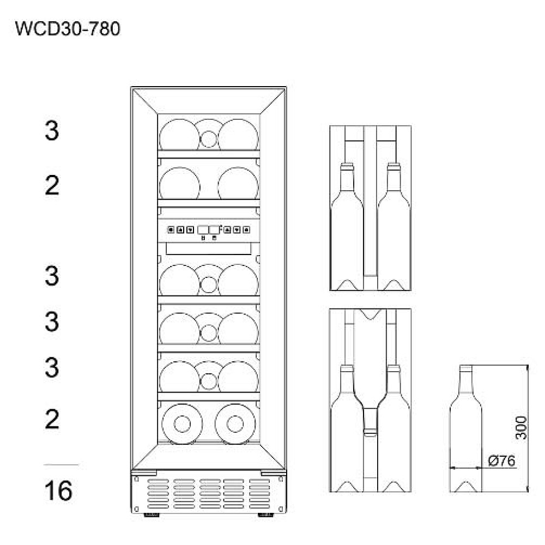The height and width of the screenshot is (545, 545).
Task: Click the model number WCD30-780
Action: [68, 28]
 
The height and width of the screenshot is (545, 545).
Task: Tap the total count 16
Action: [58, 491]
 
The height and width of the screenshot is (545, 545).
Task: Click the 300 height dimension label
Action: [520, 427]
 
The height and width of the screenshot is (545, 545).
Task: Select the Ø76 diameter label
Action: [501, 461]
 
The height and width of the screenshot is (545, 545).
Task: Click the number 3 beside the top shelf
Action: [52, 131]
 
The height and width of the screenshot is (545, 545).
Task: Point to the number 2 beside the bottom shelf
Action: [52, 419]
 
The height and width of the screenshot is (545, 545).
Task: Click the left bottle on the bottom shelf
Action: [182, 423]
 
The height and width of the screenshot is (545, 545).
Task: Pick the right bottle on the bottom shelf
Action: [235, 423]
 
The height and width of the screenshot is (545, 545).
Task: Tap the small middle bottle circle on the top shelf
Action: [209, 139]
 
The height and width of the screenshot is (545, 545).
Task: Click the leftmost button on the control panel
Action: [171, 230]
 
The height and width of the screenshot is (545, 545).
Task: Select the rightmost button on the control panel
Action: [246, 230]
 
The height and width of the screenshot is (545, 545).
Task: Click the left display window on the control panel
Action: [203, 230]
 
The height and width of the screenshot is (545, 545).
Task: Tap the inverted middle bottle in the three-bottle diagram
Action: [370, 372]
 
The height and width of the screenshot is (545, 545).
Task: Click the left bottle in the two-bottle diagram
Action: [347, 226]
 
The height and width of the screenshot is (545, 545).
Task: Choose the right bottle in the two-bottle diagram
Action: [394, 226]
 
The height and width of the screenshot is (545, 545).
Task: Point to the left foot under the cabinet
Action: [152, 515]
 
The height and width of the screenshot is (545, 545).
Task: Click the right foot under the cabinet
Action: [266, 515]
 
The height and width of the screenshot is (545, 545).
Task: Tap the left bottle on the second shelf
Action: [180, 183]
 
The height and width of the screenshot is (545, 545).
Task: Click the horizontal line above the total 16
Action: [61, 464]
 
